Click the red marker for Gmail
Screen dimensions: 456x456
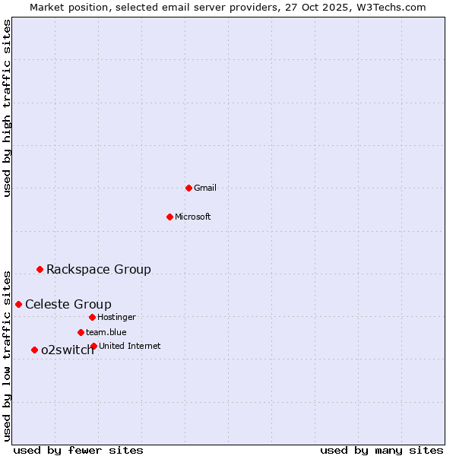pos(188,188)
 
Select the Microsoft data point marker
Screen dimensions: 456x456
pos(169,217)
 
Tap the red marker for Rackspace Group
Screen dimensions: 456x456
pos(40,269)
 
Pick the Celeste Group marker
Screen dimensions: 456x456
pos(18,304)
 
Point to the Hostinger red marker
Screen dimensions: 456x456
pos(92,317)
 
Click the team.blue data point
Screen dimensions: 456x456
pos(81,332)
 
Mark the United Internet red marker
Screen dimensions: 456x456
pos(93,346)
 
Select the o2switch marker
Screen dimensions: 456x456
pos(34,350)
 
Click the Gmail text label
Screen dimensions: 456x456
pos(205,188)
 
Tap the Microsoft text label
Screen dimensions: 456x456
pos(193,217)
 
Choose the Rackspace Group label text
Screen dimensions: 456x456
pos(99,269)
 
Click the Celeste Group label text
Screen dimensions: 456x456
pos(68,304)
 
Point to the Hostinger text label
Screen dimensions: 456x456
pos(116,317)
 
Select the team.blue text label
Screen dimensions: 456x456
pos(106,332)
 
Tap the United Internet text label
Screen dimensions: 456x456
pos(129,346)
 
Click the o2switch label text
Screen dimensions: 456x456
pos(68,350)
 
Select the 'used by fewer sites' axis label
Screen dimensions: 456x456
pos(78,450)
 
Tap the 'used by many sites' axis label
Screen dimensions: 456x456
pos(382,450)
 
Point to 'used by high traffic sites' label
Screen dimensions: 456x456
pos(7,108)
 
